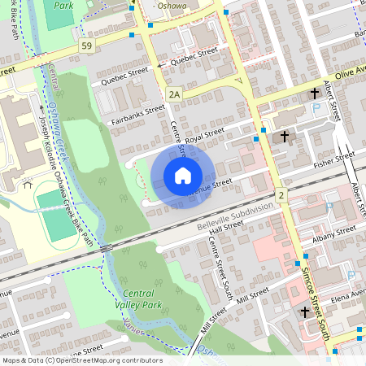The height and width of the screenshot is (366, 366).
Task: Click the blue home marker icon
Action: (x=183, y=175)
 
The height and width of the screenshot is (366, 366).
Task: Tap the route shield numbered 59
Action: (x=86, y=46)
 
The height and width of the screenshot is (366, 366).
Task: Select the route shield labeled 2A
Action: (x=173, y=95)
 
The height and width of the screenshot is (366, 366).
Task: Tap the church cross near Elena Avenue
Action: (x=305, y=312)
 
